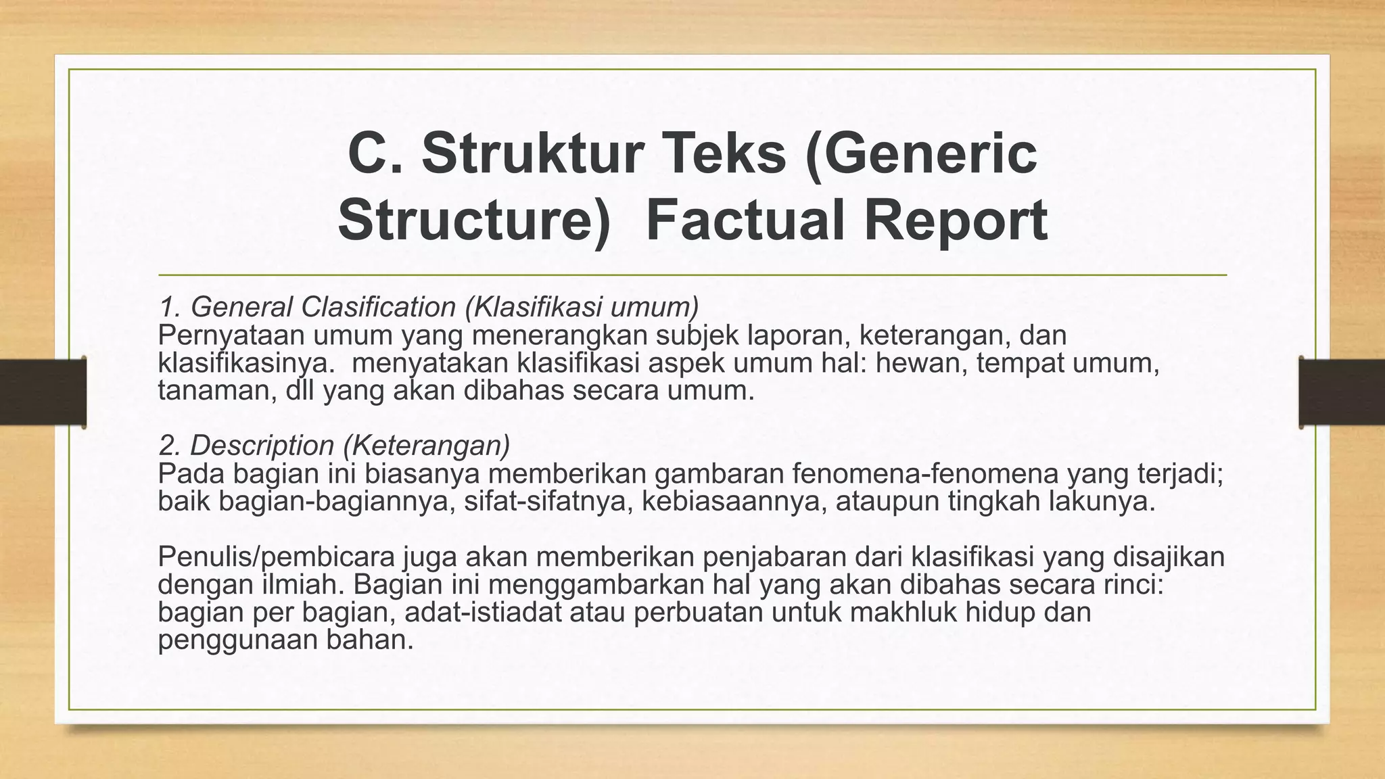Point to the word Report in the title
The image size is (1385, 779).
pos(956,220)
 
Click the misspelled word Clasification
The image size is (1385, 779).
pos(379,307)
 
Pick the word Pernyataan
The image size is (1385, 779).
pos(229,335)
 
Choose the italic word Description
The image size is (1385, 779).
pos(262,446)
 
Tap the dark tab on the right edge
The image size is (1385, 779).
pos(1342,392)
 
